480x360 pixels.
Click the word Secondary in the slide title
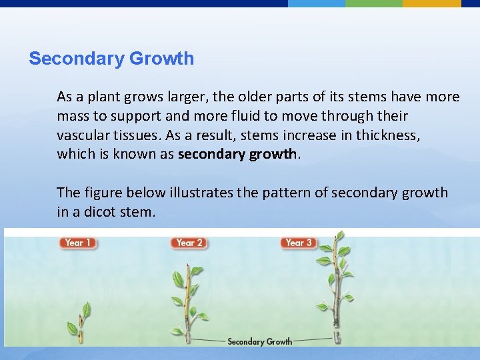(76, 59)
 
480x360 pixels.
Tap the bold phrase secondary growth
(237, 154)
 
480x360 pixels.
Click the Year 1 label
(78, 243)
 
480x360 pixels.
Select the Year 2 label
(189, 243)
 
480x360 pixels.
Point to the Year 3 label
(299, 243)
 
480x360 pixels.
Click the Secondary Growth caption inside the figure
(259, 341)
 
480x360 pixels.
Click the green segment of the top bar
(374, 3)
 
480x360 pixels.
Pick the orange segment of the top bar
(431, 3)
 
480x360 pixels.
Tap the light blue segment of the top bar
(317, 3)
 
